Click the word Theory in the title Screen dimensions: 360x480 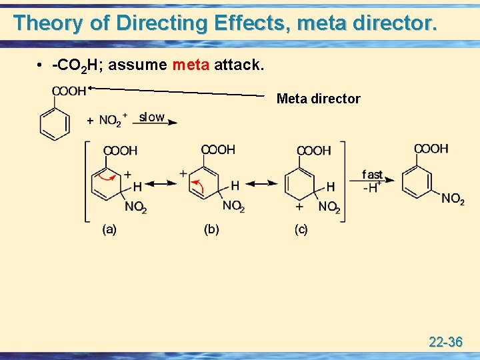point(49,23)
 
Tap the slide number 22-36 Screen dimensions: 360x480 point(446,342)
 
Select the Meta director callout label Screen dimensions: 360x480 point(318,99)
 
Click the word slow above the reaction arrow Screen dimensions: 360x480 point(152,117)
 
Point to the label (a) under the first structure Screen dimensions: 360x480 point(109,230)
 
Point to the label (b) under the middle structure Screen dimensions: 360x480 point(211,230)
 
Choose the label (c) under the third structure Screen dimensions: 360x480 point(301,230)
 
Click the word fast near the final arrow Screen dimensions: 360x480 point(372,175)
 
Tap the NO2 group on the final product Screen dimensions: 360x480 point(453,199)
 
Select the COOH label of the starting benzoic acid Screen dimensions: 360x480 point(68,92)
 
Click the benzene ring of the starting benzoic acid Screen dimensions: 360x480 point(54,123)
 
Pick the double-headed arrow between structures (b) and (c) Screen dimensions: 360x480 point(263,183)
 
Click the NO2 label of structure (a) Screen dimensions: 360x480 point(135,207)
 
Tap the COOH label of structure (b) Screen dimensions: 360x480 point(218,150)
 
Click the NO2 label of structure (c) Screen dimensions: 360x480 point(329,207)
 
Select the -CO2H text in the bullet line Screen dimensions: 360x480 point(75,65)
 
